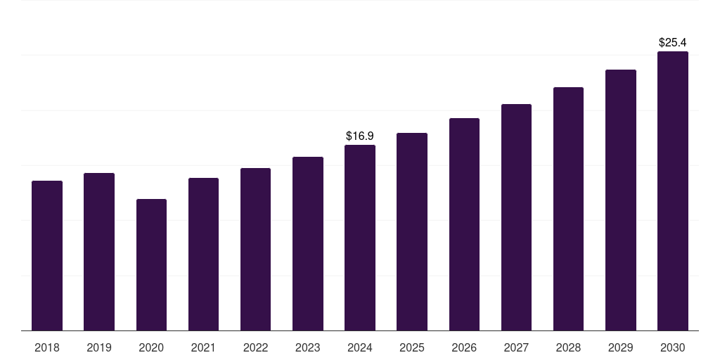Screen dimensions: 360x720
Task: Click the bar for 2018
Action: pyautogui.click(x=47, y=256)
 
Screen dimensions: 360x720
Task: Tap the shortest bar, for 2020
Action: pyautogui.click(x=151, y=265)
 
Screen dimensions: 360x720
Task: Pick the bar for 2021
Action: pyautogui.click(x=203, y=255)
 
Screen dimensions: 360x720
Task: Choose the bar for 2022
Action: pyautogui.click(x=255, y=250)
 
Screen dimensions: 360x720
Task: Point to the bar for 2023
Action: pyautogui.click(x=308, y=244)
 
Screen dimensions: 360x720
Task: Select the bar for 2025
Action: pyautogui.click(x=412, y=232)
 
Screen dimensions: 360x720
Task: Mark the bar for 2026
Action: pyautogui.click(x=464, y=224)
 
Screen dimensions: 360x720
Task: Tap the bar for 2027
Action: pyautogui.click(x=516, y=217)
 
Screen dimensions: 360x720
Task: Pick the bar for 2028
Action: pyautogui.click(x=568, y=209)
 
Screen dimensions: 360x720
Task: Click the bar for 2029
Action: pyautogui.click(x=621, y=200)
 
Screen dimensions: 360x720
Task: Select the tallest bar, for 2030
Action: pyautogui.click(x=673, y=191)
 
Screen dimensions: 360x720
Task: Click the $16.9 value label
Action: pyautogui.click(x=360, y=136)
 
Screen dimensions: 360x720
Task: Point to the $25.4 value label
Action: pyautogui.click(x=673, y=43)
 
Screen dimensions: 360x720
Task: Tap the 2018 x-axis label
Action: pyautogui.click(x=47, y=347)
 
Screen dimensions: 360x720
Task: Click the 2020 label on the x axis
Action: pyautogui.click(x=151, y=347)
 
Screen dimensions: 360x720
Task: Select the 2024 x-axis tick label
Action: pyautogui.click(x=360, y=347)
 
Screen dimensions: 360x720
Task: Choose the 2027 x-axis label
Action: pyautogui.click(x=516, y=347)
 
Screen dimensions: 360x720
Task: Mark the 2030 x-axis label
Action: pyautogui.click(x=673, y=347)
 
